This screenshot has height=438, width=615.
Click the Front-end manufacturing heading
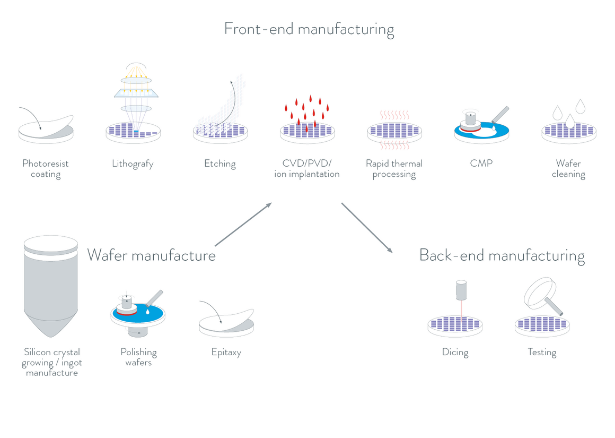(309, 29)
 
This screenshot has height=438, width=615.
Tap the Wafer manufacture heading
(151, 255)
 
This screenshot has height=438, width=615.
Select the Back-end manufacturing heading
(502, 255)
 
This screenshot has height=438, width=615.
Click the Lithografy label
(133, 164)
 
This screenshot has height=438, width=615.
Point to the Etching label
(220, 164)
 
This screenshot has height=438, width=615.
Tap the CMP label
(481, 164)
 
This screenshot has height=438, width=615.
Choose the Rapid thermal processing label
(394, 169)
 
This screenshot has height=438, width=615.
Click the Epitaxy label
(226, 353)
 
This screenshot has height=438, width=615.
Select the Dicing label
(455, 353)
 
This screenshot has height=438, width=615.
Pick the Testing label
(542, 353)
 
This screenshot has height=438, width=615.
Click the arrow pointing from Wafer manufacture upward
(243, 224)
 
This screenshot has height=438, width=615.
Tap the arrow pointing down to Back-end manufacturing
(367, 228)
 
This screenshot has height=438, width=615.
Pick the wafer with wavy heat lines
(394, 131)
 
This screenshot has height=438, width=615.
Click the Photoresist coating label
(46, 169)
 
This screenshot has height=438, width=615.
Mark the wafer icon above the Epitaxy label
(226, 321)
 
